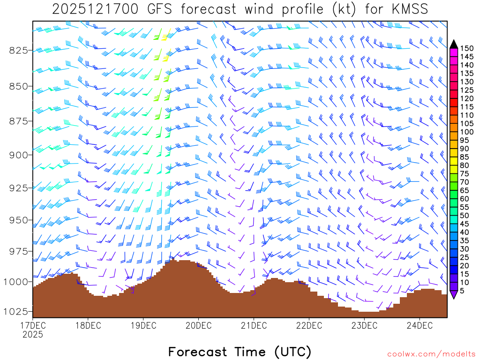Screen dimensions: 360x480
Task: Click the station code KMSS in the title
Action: (x=411, y=9)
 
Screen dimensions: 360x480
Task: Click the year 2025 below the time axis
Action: (x=33, y=335)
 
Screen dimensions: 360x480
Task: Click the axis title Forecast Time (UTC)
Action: (x=240, y=352)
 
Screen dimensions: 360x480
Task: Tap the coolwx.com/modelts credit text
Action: (x=431, y=354)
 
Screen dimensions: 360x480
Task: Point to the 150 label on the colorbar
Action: (x=467, y=48)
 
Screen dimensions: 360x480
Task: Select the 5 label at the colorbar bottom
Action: (x=462, y=291)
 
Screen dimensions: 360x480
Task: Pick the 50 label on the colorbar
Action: (x=465, y=215)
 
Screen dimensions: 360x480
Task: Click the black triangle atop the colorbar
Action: (x=454, y=44)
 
